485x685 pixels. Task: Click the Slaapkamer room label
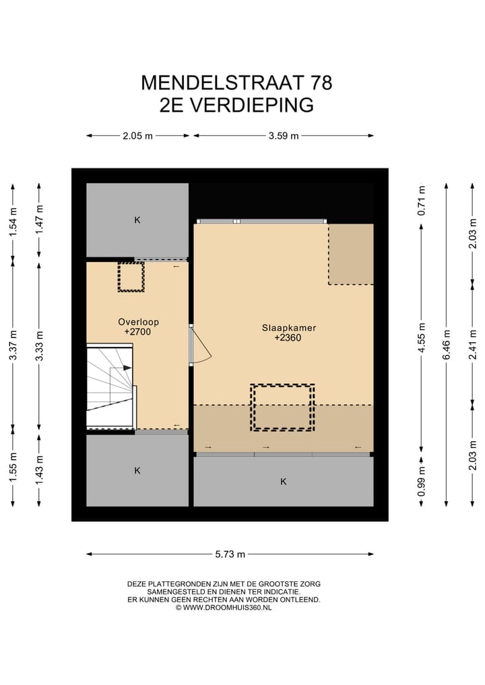(289, 328)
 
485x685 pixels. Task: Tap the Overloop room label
(137, 322)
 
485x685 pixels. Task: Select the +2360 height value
(288, 339)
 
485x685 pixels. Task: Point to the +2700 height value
(137, 332)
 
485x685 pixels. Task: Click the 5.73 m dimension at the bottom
(230, 554)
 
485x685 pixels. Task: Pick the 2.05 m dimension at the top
(137, 135)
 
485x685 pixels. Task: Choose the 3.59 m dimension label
(283, 135)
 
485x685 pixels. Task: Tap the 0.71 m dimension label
(421, 199)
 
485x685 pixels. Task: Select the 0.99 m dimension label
(421, 482)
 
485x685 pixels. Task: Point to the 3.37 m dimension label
(12, 344)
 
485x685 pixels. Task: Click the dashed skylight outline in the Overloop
(131, 276)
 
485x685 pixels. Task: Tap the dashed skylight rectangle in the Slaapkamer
(283, 407)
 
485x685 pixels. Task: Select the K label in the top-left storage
(137, 220)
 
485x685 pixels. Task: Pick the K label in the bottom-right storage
(283, 482)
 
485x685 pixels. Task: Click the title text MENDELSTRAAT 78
(236, 83)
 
